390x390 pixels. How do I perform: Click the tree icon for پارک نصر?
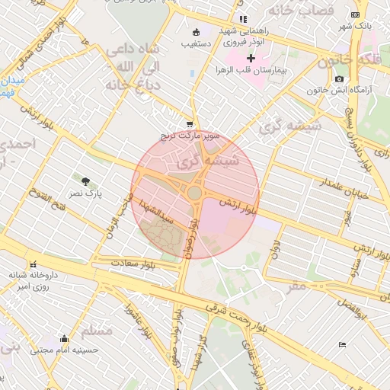85,181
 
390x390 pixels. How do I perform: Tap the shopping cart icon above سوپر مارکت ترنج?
190,124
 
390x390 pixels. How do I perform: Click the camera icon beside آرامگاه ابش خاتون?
339,78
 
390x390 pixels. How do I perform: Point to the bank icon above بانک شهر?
355,14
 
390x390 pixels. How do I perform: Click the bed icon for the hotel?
342,345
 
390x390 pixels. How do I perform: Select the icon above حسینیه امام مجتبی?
64,339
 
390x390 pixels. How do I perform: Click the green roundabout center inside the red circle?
195,193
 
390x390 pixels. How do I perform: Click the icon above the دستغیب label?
197,32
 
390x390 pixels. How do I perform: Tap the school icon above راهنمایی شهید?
242,19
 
